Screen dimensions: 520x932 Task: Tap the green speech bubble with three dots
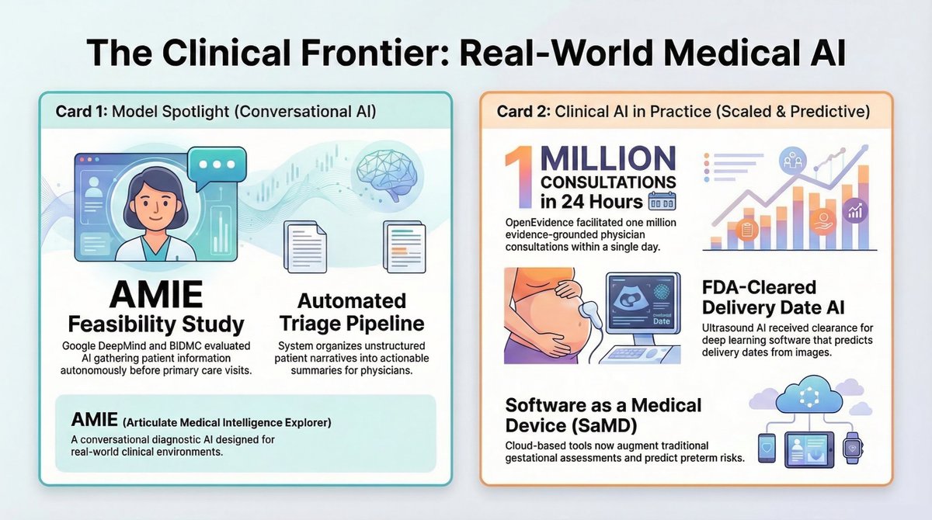click(x=219, y=165)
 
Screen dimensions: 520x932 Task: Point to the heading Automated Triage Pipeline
click(x=352, y=311)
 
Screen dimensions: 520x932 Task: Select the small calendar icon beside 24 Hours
click(x=662, y=202)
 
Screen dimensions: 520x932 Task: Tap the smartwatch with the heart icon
click(x=853, y=449)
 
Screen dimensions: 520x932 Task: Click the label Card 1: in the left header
click(x=82, y=111)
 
